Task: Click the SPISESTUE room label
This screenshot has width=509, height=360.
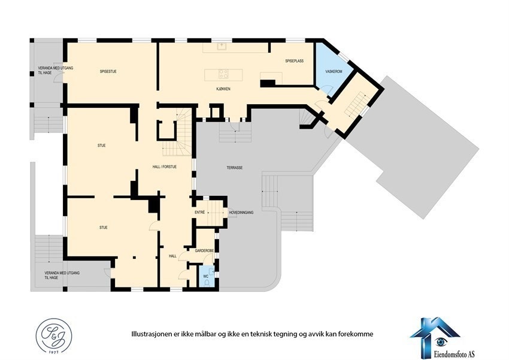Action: point(108,72)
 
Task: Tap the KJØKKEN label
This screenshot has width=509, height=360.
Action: point(223,89)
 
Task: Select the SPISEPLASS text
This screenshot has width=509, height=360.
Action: point(295,61)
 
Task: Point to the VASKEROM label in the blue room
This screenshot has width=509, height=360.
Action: point(334,72)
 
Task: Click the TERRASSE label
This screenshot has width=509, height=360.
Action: point(234,168)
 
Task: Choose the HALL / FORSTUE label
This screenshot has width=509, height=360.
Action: point(164,167)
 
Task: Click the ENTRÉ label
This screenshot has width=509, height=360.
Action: point(200,212)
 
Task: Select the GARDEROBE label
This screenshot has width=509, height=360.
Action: point(204,250)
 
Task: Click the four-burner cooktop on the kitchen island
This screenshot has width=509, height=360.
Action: point(223,74)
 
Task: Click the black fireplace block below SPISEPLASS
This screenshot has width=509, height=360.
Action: point(268,83)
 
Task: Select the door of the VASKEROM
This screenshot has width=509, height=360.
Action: point(327,90)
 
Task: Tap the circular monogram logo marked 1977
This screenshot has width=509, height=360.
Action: point(51,335)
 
